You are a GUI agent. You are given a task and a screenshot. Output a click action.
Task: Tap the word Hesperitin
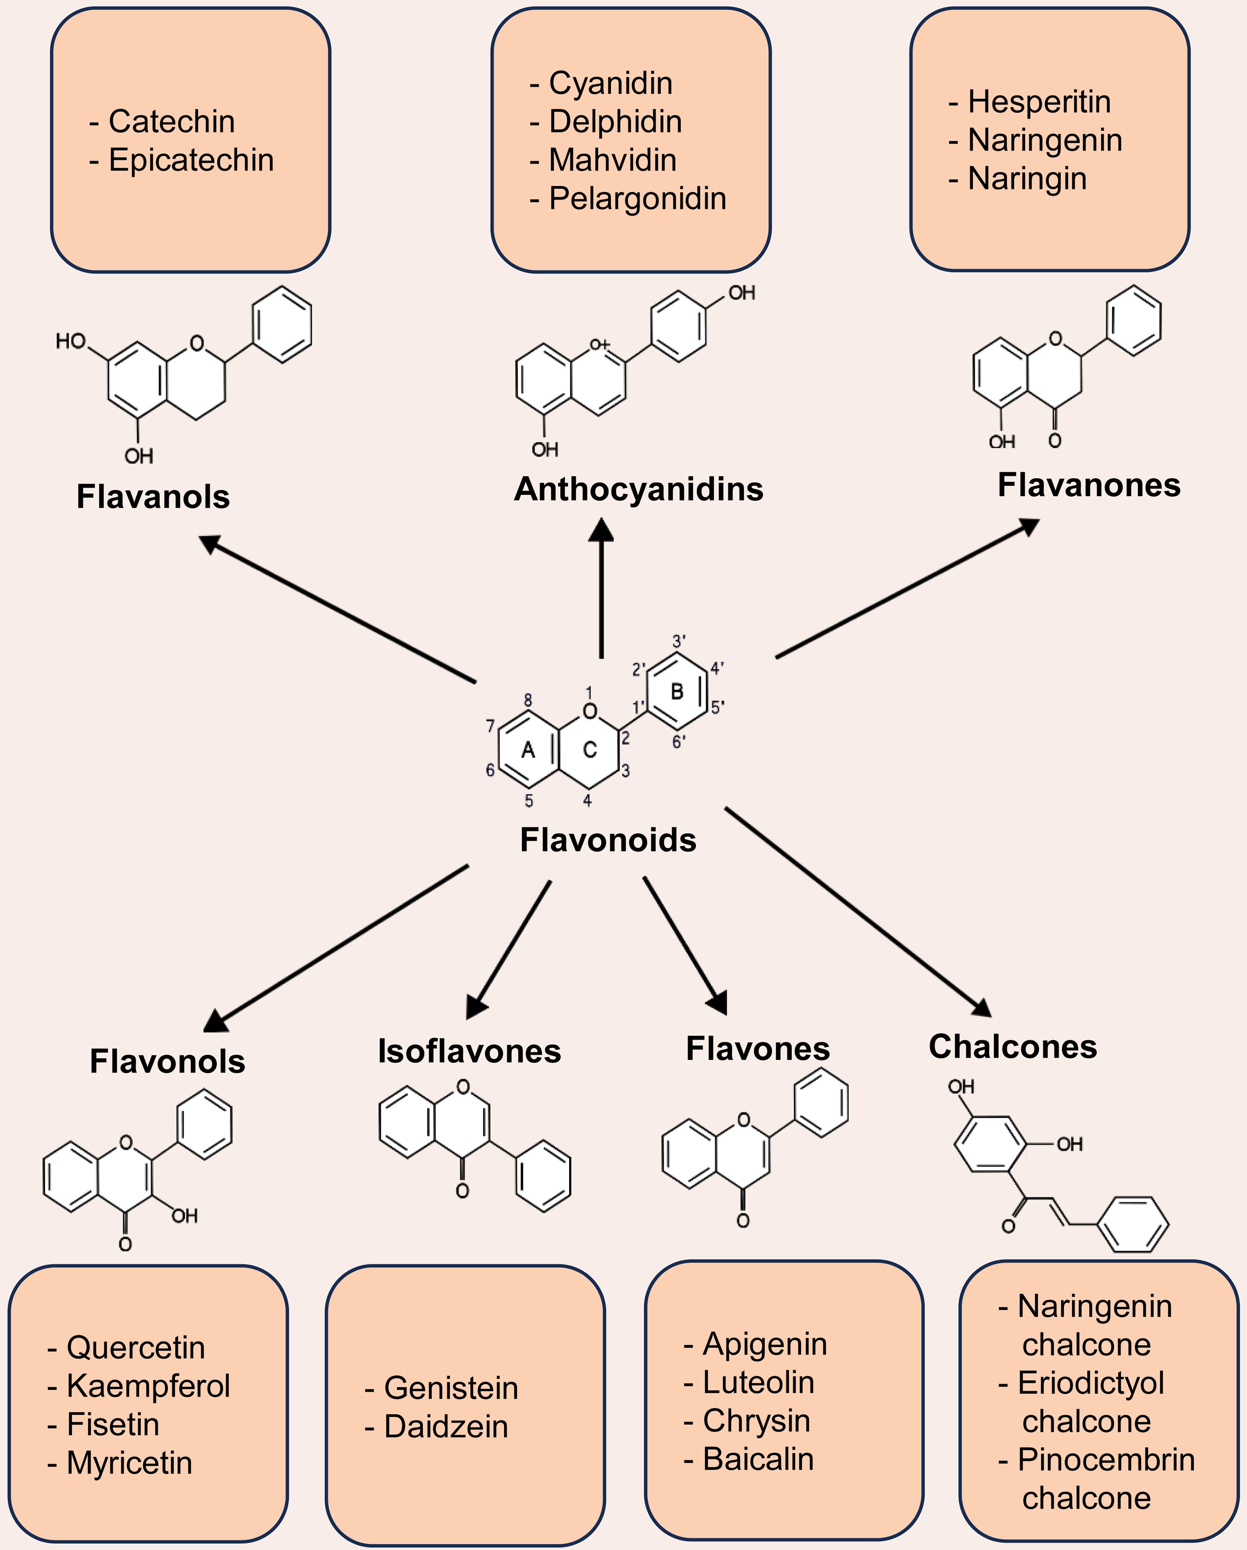tap(1039, 101)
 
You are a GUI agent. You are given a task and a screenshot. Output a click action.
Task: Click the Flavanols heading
tap(153, 497)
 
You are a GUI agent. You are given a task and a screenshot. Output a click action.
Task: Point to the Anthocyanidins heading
tap(638, 489)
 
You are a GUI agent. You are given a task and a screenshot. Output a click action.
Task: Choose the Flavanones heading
tap(1089, 485)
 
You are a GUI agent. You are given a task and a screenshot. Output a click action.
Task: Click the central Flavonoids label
tap(609, 840)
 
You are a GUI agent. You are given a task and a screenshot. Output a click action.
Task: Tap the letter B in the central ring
tap(677, 691)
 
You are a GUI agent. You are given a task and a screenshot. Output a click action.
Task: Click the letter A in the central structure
tap(528, 750)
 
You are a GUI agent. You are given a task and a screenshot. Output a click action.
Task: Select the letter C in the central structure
tap(590, 750)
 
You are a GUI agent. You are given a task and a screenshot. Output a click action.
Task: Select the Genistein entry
tap(451, 1388)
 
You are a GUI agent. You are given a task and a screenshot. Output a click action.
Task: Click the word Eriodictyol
tap(1091, 1383)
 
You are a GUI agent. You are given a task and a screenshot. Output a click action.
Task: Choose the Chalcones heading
tap(1013, 1047)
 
